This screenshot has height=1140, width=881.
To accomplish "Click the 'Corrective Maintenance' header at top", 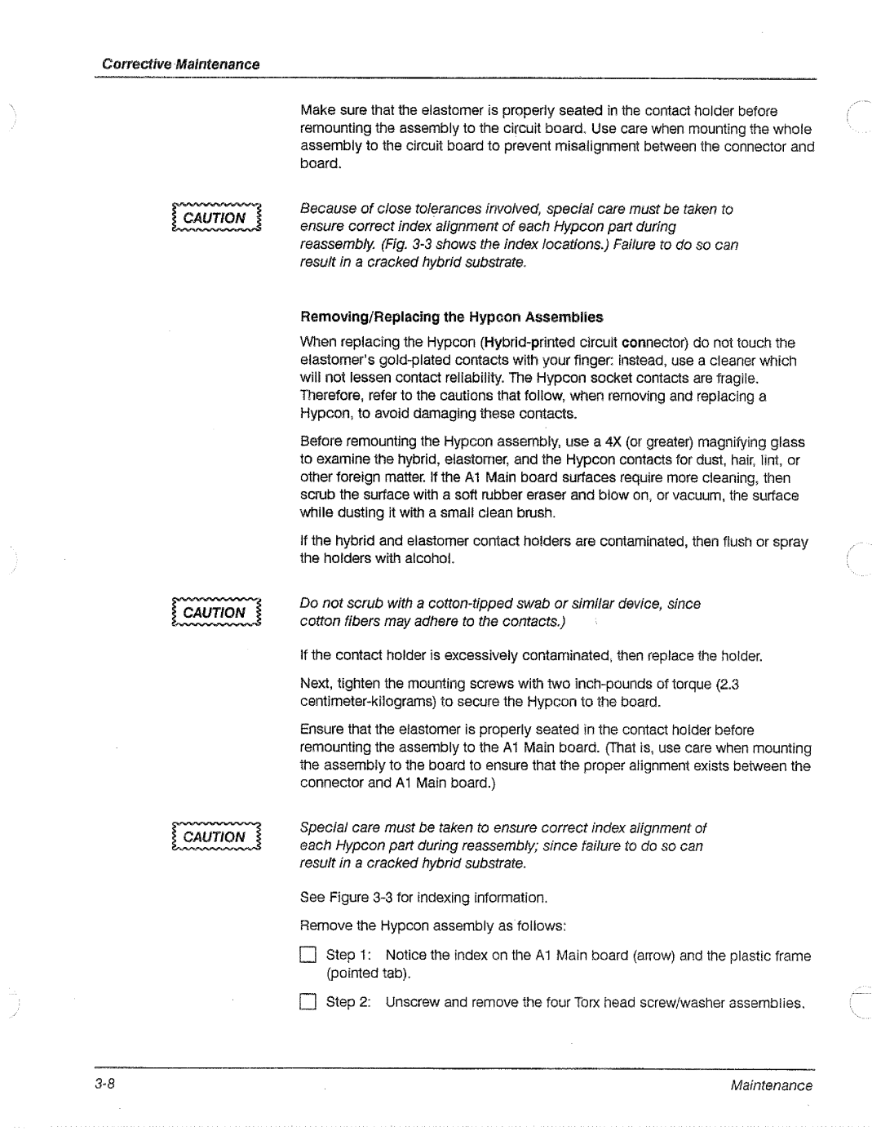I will pyautogui.click(x=180, y=64).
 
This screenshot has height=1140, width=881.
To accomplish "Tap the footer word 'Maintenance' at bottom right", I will pyautogui.click(x=771, y=1085).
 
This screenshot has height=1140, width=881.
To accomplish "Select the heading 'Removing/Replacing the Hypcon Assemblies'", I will pyautogui.click(x=451, y=317).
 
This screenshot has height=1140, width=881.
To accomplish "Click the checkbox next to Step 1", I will pyautogui.click(x=307, y=956).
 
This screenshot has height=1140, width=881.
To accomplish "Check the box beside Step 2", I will pyautogui.click(x=307, y=1002).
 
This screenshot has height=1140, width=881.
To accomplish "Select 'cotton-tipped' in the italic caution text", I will pyautogui.click(x=468, y=604).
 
